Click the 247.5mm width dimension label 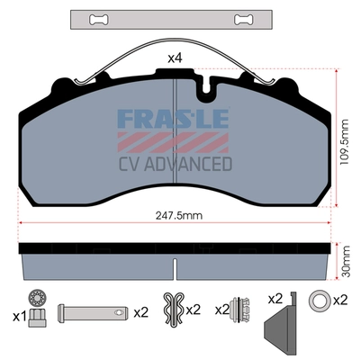[179, 215]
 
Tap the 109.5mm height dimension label [345, 141]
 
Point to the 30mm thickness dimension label [346, 261]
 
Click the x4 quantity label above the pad [175, 58]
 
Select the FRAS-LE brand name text [173, 119]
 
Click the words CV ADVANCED [176, 164]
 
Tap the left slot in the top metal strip [99, 20]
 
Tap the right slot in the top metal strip [243, 20]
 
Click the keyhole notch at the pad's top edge [206, 88]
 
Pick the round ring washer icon [319, 300]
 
